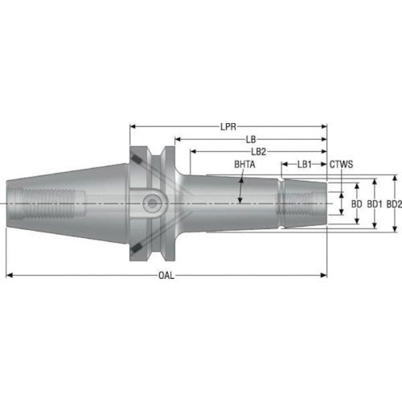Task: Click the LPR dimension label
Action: click(228, 126)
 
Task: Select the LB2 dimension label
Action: click(258, 151)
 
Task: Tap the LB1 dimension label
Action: click(304, 164)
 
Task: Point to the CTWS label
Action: click(341, 164)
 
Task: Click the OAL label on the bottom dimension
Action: click(165, 275)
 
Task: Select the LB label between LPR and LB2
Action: click(251, 139)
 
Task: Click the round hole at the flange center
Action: click(150, 204)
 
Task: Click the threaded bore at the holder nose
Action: click(301, 204)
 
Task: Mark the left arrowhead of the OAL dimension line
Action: click(10, 275)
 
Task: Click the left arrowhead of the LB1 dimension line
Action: click(283, 164)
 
